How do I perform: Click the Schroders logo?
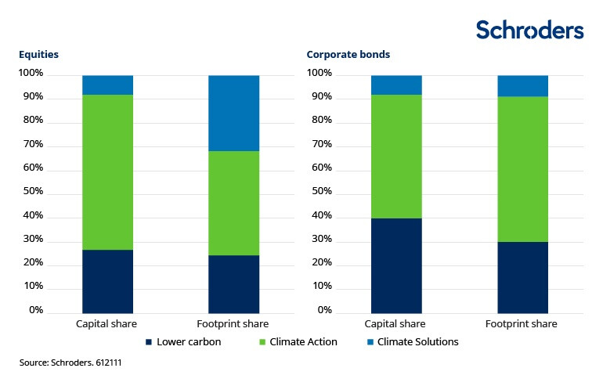529,30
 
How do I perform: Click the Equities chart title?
39,55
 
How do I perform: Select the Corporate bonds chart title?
348,55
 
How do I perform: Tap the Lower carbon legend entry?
183,341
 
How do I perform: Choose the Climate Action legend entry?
299,341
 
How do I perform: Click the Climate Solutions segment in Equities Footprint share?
233,113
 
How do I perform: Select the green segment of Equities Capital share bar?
107,171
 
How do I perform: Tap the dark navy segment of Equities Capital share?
107,281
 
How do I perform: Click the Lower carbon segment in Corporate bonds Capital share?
396,265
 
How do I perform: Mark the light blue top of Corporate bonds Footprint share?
523,85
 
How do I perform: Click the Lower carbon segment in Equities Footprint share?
233,283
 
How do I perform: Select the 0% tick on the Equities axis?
35,311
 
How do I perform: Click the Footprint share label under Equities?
233,323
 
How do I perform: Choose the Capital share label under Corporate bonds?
396,323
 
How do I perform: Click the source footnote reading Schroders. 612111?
70,363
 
